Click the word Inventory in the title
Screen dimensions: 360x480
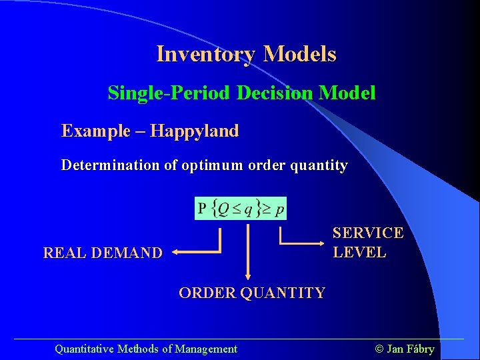click(206, 54)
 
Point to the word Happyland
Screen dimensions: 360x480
click(194, 131)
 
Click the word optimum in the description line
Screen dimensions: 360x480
click(213, 165)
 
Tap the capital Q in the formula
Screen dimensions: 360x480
click(224, 209)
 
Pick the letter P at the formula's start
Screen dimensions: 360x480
click(202, 209)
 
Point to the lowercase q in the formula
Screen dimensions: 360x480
click(249, 209)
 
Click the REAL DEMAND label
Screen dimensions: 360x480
click(102, 253)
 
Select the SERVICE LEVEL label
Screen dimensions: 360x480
click(367, 243)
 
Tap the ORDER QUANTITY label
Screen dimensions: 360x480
click(252, 293)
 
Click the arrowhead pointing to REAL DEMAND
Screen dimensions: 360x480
click(174, 252)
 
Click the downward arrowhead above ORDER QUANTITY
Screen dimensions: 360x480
click(248, 275)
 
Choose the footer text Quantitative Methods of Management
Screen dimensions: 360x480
click(145, 349)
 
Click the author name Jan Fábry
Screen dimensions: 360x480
click(405, 349)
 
